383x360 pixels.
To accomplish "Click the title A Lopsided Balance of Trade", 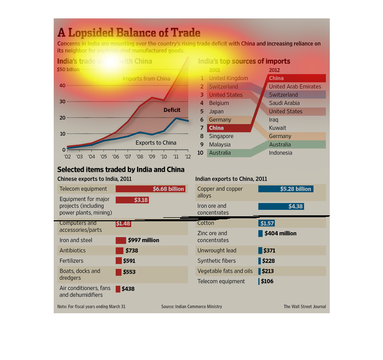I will point(129,33).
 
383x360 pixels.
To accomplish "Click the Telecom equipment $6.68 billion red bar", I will point(150,189).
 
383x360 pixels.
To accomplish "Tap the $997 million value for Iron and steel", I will point(143,240).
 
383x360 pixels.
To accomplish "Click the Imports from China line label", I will point(146,79).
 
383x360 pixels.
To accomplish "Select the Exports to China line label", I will point(156,143).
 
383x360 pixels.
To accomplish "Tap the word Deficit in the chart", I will point(172,110).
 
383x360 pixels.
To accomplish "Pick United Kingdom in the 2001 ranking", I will point(228,78).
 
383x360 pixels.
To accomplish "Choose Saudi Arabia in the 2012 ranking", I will point(284,103).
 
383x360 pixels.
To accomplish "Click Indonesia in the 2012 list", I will point(281,153).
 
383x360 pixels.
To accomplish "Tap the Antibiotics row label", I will point(73,251).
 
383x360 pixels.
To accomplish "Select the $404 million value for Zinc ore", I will point(281,233).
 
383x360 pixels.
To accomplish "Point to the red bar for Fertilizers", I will point(119,261).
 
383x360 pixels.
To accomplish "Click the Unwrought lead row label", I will point(217,251).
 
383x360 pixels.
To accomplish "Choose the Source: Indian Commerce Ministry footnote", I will point(191,307).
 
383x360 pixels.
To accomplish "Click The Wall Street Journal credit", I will point(304,307).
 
